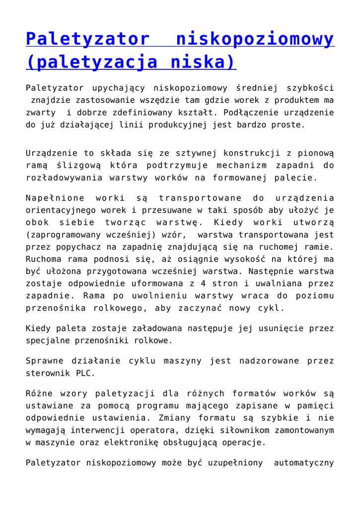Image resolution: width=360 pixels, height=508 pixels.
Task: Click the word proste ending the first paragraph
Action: pyautogui.click(x=288, y=125)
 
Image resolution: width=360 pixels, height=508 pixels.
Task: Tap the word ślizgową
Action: pyautogui.click(x=70, y=165)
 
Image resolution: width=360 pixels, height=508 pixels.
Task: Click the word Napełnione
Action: pyautogui.click(x=55, y=198)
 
